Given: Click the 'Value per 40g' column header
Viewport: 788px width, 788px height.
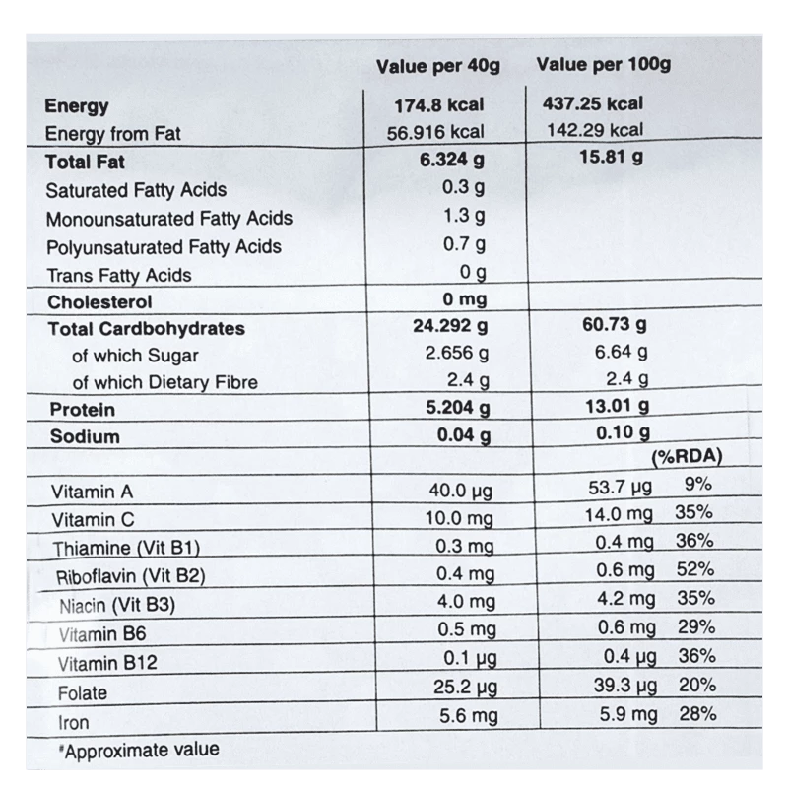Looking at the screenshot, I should click(x=438, y=67).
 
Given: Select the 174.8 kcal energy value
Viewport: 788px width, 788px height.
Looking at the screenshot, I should click(x=439, y=105).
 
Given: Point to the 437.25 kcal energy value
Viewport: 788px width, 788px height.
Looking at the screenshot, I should click(x=593, y=103).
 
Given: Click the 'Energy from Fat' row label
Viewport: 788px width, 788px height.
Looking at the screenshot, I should click(x=113, y=135).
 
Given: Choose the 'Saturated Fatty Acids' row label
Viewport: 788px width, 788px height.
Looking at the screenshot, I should click(x=136, y=190).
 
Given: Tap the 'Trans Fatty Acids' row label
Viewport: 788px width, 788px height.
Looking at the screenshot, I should click(x=119, y=275).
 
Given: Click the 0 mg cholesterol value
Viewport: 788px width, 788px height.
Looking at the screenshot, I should click(x=465, y=300).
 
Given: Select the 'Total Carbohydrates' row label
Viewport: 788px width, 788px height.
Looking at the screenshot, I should click(x=146, y=329).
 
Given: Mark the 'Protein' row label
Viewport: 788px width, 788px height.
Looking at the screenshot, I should click(x=82, y=410).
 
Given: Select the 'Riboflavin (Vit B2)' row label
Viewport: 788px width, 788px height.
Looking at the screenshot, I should click(x=130, y=576).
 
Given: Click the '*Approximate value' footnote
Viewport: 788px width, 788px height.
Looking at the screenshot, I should click(x=138, y=750).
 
